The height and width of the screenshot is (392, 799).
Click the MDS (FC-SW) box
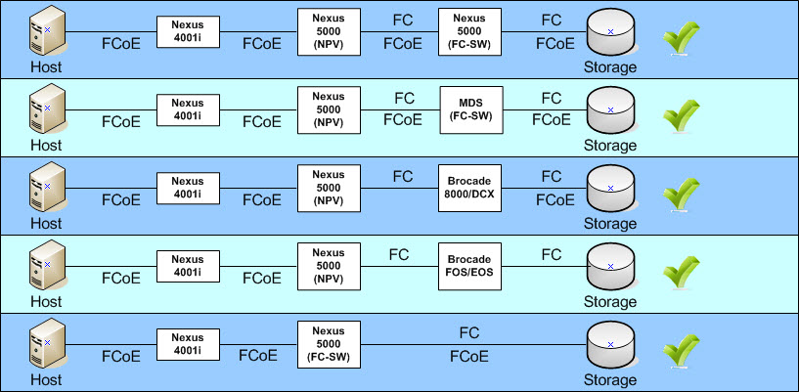pos(471,109)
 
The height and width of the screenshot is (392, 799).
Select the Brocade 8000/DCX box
pos(469,189)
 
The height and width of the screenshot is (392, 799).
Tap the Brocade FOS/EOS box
pos(469,266)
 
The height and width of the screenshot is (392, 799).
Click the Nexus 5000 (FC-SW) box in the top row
pos(469,31)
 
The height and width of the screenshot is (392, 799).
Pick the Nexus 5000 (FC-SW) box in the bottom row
pos(329,345)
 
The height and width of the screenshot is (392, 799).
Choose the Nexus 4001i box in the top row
pos(188,32)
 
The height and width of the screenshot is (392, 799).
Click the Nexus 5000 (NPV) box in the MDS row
pos(329,109)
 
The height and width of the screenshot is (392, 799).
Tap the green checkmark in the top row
pos(681,37)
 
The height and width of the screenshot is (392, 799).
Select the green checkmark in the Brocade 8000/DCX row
pos(681,194)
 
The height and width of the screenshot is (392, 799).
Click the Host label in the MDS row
pos(46,145)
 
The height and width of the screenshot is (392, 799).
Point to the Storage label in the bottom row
pos(610,380)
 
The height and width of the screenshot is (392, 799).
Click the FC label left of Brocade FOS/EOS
pos(398,254)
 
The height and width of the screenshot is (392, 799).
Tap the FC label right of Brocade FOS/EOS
pos(552,254)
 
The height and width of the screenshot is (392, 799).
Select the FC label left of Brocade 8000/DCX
pos(403,177)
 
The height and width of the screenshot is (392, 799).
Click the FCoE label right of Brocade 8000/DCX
pos(555,200)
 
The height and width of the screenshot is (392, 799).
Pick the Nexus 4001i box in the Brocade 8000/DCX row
pos(188,189)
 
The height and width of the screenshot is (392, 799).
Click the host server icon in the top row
pos(48,31)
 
